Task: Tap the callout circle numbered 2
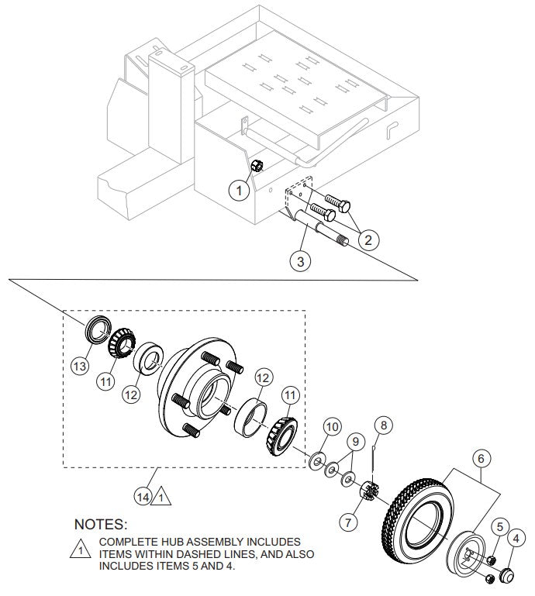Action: [368, 239]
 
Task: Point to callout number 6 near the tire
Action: [481, 459]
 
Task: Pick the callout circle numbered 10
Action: [332, 427]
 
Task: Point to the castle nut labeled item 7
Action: [368, 491]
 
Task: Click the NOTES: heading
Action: [100, 525]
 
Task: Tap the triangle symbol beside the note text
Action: [80, 551]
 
